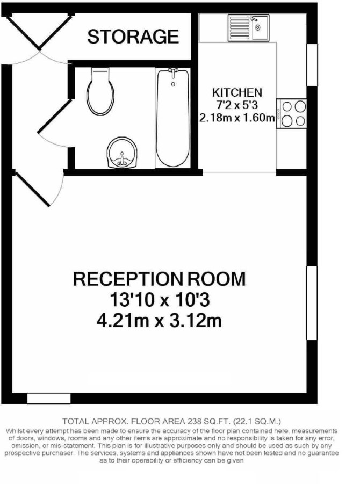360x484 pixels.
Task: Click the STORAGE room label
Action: [133, 37]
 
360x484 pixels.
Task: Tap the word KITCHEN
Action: [237, 92]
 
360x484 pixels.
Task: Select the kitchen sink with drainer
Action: [248, 28]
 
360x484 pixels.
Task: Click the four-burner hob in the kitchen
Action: [291, 113]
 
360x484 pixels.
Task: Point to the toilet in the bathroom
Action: [100, 92]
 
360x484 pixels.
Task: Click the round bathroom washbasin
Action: [123, 153]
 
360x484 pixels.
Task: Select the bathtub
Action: [173, 118]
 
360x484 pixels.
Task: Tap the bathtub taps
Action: [173, 73]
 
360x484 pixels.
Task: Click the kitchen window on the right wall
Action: [312, 65]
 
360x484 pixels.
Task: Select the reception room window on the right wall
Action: [312, 303]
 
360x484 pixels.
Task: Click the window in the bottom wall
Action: [49, 398]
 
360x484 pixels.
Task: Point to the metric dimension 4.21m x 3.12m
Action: [160, 321]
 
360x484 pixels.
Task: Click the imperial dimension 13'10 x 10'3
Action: [160, 300]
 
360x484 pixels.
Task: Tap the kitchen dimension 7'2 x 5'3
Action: [237, 105]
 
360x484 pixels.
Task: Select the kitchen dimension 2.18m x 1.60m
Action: [237, 118]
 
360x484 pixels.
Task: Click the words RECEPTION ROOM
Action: [160, 279]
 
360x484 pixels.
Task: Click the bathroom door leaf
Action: [55, 116]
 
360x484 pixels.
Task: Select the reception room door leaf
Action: [32, 189]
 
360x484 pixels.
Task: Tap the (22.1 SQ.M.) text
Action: [257, 421]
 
